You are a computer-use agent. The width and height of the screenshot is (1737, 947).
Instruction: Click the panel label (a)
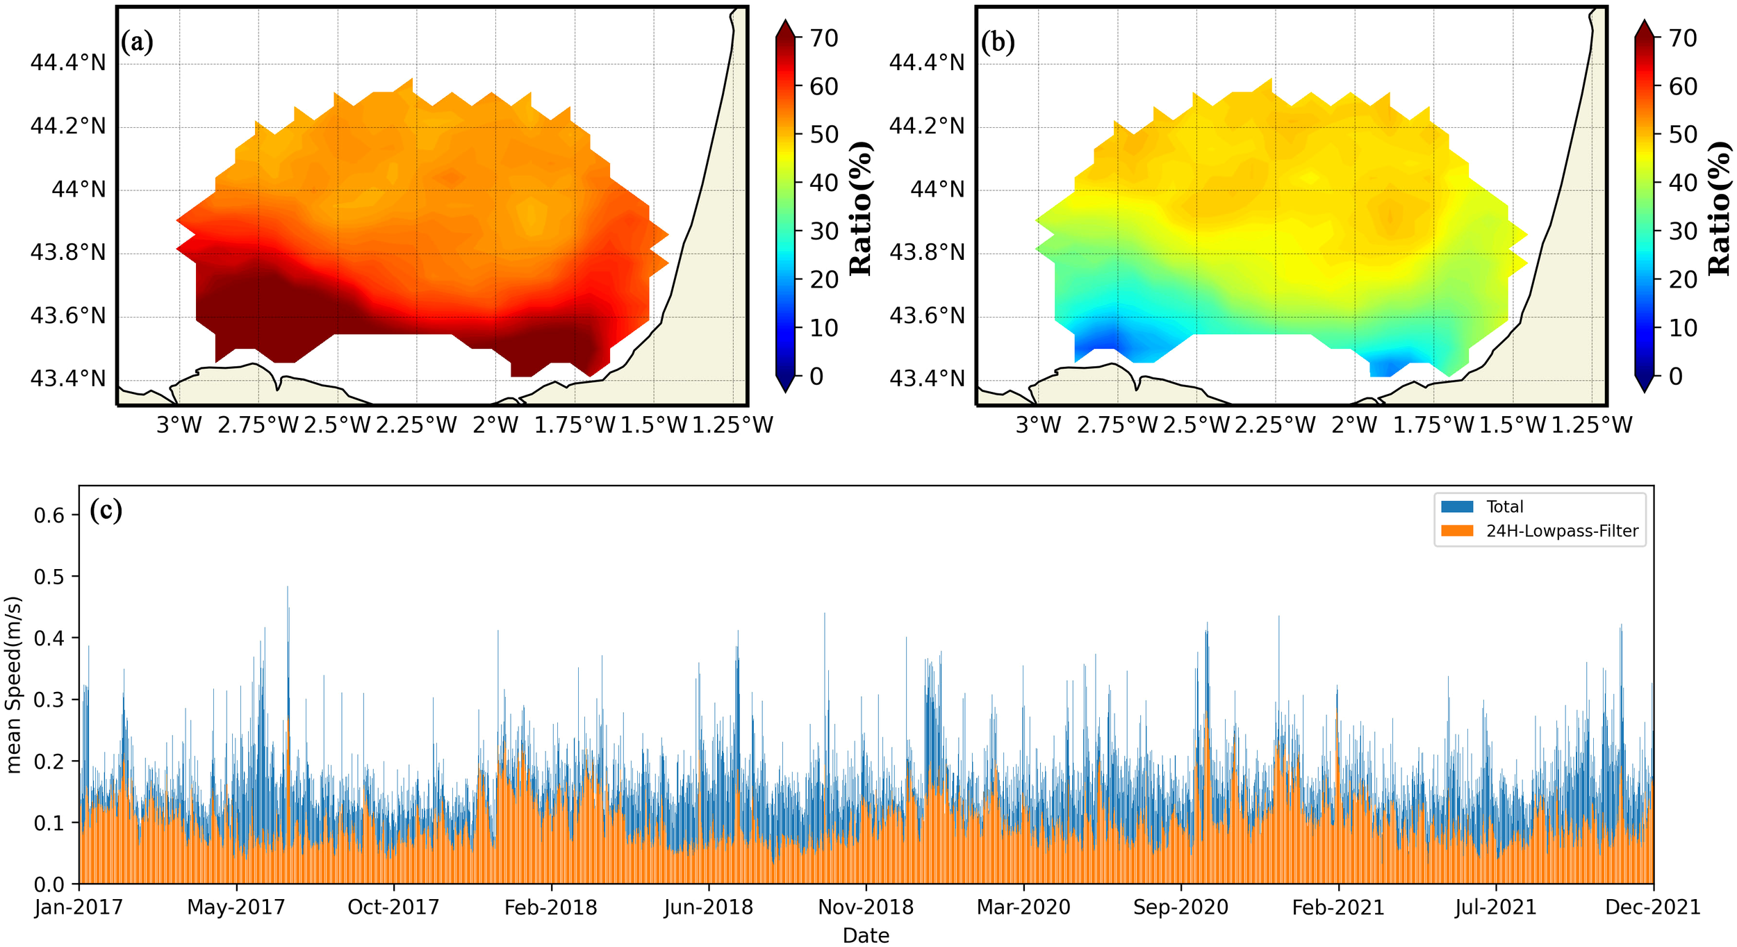(x=137, y=42)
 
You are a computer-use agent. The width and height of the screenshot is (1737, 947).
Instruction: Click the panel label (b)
(x=998, y=42)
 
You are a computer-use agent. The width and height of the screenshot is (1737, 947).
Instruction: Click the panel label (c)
(x=106, y=511)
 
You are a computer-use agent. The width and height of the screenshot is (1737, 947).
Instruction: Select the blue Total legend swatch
(x=1457, y=507)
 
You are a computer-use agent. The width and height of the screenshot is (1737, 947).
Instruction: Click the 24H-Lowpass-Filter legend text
(x=1562, y=532)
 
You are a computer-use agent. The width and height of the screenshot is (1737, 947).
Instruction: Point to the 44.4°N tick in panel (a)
(x=68, y=63)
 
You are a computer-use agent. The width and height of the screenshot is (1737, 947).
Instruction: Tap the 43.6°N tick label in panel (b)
(x=927, y=316)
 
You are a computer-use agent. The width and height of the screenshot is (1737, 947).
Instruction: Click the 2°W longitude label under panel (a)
(x=495, y=425)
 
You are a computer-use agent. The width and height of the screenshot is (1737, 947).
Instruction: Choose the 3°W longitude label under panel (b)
(x=1038, y=425)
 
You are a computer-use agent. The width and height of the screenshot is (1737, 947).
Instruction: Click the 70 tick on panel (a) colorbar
(x=824, y=38)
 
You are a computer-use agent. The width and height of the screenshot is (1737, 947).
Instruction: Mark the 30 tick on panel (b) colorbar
(x=1683, y=231)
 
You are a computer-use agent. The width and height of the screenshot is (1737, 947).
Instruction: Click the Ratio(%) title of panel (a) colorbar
(x=861, y=208)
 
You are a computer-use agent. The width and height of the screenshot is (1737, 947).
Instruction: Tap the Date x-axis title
(x=866, y=936)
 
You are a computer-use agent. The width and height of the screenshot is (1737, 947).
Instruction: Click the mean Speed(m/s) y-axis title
(x=14, y=684)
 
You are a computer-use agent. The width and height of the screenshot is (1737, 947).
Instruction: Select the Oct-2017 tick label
(x=393, y=907)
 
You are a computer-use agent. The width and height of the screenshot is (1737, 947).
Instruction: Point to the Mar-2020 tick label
(x=1023, y=907)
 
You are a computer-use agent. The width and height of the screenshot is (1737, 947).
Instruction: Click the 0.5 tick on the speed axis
(x=49, y=577)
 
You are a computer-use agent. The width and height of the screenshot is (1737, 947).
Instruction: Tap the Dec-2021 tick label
(x=1653, y=907)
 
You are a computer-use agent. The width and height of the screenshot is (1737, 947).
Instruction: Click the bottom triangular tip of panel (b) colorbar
(x=1644, y=386)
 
